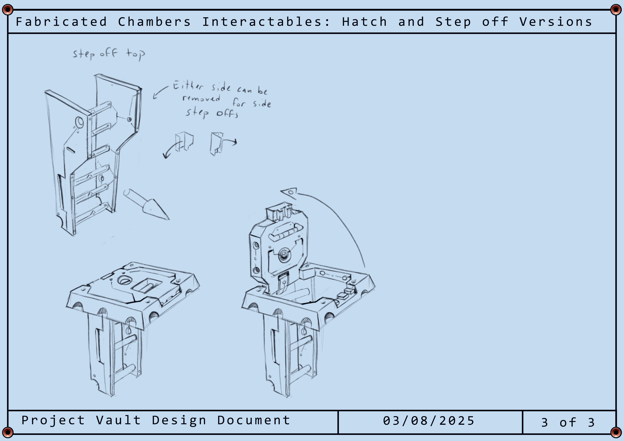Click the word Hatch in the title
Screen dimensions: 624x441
pos(364,22)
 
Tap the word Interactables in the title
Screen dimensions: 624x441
pos(266,22)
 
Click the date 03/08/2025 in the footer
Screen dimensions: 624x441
pos(429,421)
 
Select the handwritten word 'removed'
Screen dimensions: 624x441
pos(201,98)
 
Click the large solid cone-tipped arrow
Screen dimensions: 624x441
pos(146,204)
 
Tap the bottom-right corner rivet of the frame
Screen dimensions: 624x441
pos(616,432)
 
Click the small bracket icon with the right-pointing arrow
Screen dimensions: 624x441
pos(223,143)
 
